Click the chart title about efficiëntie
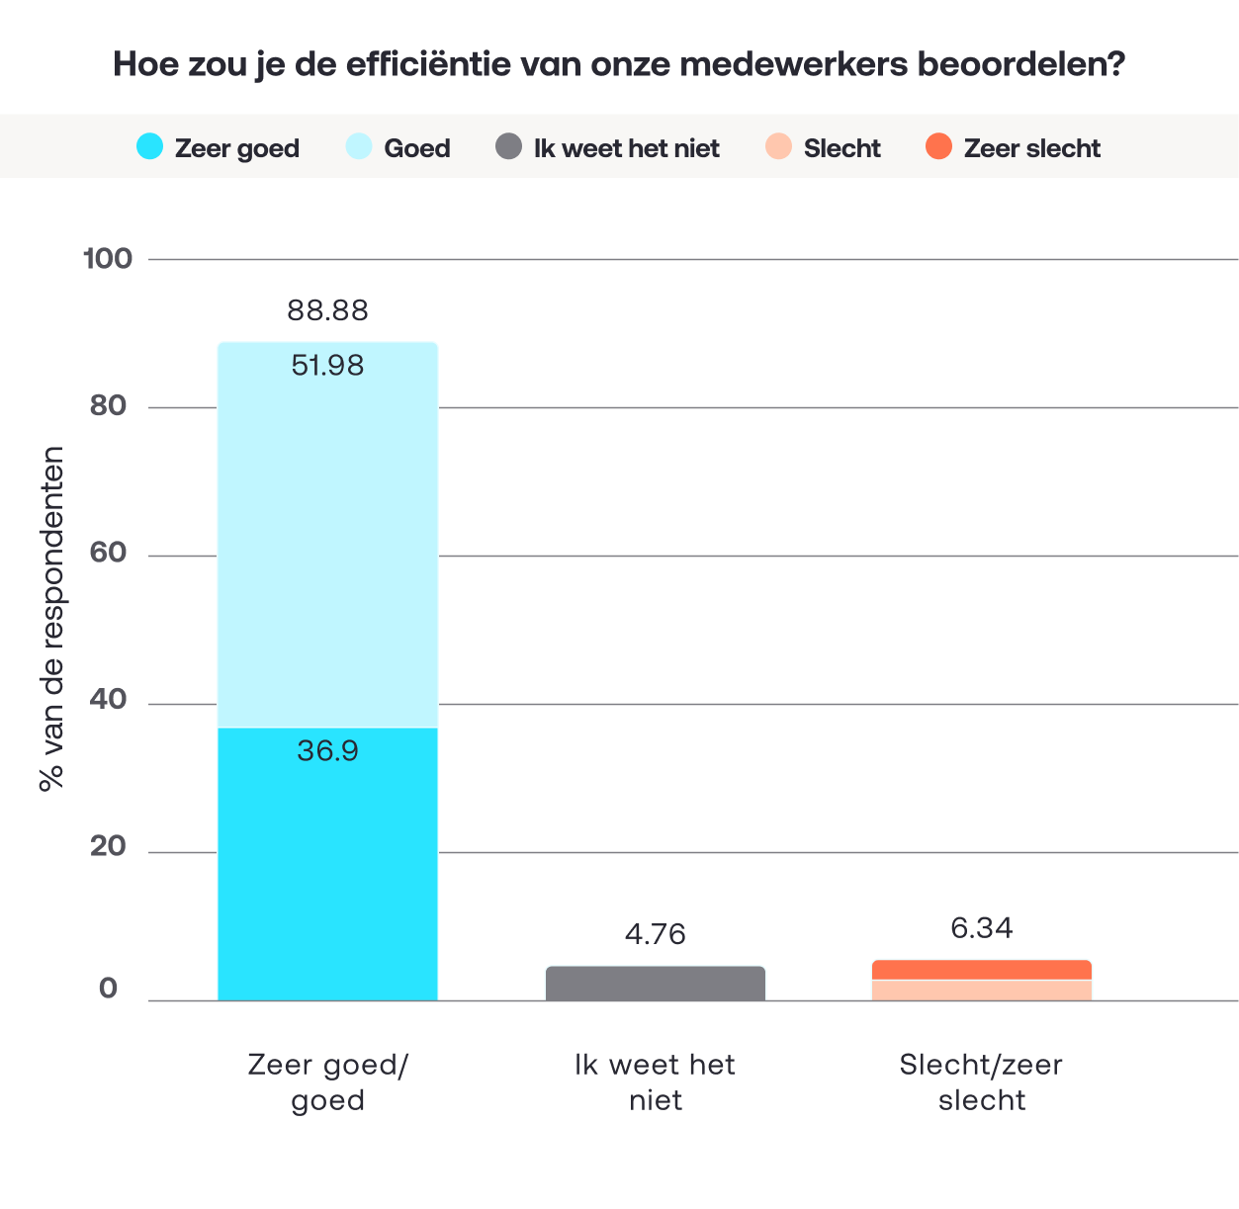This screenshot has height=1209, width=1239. pyautogui.click(x=619, y=64)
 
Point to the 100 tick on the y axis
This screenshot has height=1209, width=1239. pyautogui.click(x=108, y=259)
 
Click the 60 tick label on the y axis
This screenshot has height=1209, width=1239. pyautogui.click(x=108, y=553)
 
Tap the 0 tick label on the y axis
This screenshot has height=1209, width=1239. pyautogui.click(x=108, y=989)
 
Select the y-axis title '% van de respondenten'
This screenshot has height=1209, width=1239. pyautogui.click(x=52, y=619)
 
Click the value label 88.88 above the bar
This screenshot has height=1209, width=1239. pyautogui.click(x=328, y=310)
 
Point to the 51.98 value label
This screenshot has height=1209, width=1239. pyautogui.click(x=328, y=366)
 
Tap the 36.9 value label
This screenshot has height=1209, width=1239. pyautogui.click(x=328, y=750)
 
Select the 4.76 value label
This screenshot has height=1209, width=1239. pyautogui.click(x=656, y=934)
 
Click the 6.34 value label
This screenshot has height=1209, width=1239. pyautogui.click(x=982, y=928)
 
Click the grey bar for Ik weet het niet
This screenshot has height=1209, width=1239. pyautogui.click(x=656, y=984)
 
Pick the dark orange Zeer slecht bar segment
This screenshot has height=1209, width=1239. pyautogui.click(x=982, y=970)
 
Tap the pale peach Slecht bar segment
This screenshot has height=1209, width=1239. pyautogui.click(x=982, y=991)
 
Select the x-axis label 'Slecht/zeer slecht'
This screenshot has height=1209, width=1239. pyautogui.click(x=981, y=1082)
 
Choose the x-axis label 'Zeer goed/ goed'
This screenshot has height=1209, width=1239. pyautogui.click(x=328, y=1082)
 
